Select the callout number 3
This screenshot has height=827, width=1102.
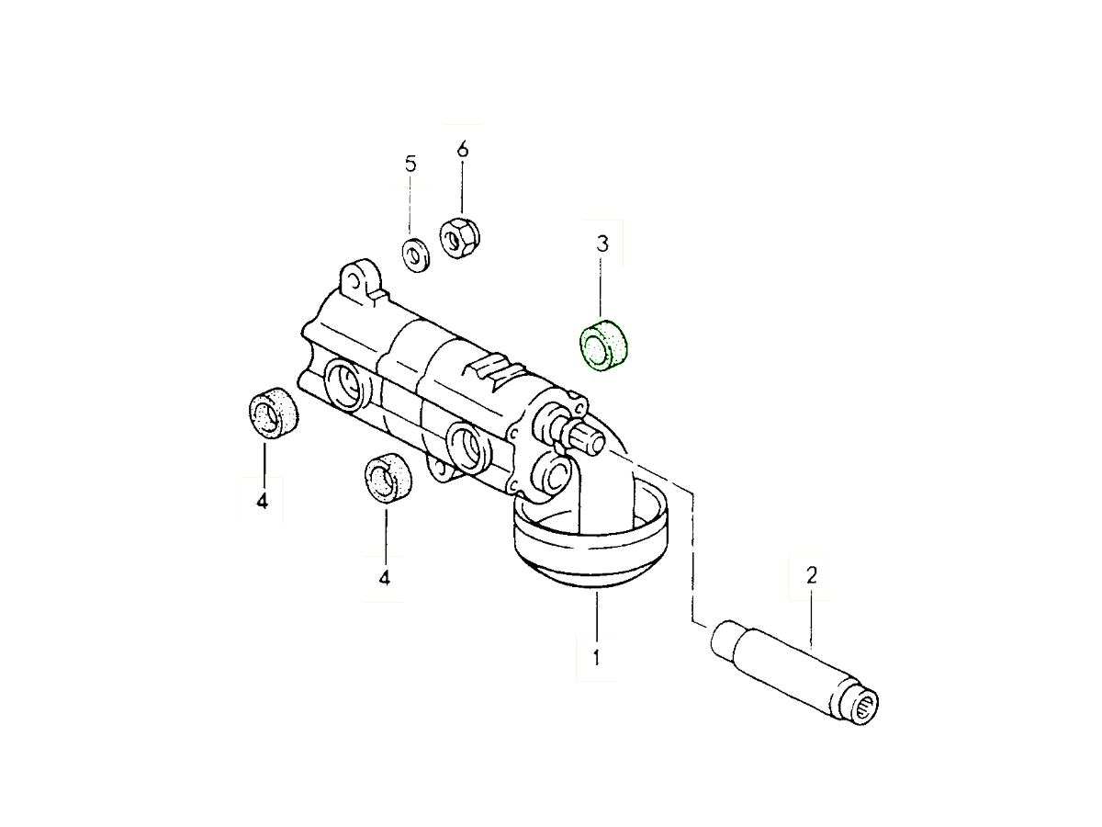[602, 244]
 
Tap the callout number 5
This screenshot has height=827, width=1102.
[410, 164]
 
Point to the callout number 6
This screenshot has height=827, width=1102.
[462, 149]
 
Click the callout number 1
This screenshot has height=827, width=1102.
[596, 658]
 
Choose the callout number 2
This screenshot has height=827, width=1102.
[811, 576]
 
